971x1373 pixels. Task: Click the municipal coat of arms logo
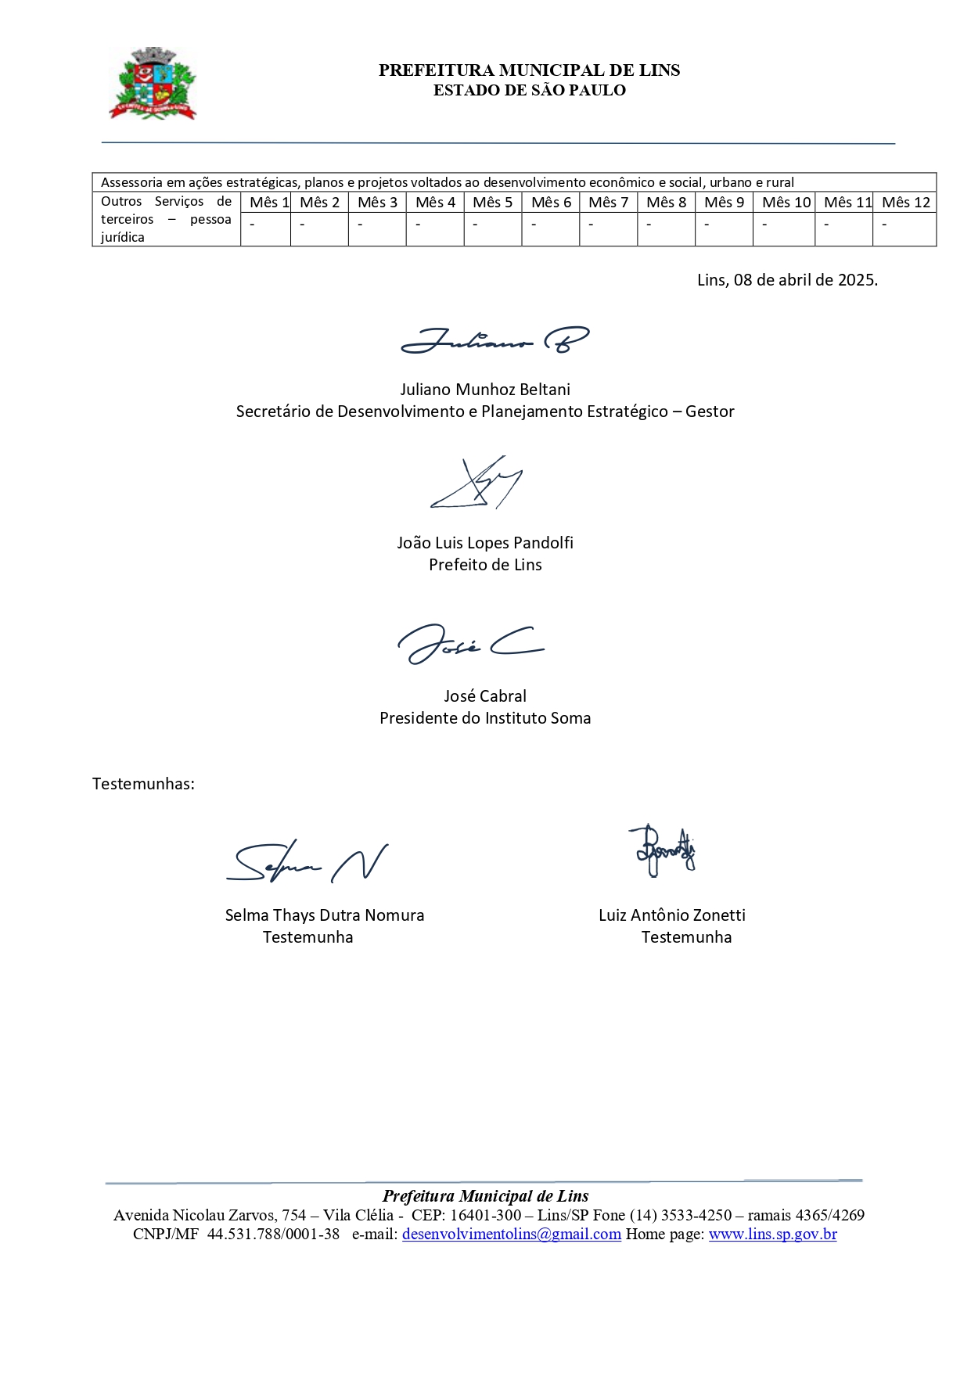[x=153, y=84]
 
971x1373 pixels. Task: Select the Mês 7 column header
[x=608, y=203]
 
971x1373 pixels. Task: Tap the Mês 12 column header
[x=905, y=203]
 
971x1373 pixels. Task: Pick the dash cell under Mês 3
[x=377, y=225]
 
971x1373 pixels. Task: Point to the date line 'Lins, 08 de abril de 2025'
[x=787, y=280]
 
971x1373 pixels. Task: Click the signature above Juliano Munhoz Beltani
[x=494, y=340]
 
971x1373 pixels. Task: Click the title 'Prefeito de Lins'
[x=485, y=565]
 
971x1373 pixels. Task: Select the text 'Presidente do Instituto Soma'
[x=485, y=718]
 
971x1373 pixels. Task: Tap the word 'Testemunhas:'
[x=143, y=784]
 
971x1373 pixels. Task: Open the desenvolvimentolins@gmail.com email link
[x=511, y=1235]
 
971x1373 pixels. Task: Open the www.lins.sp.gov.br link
[x=772, y=1235]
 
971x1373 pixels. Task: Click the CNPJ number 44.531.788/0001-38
[x=273, y=1235]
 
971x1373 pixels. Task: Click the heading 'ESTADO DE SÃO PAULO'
[x=529, y=90]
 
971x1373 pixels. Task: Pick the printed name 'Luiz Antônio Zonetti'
[x=671, y=915]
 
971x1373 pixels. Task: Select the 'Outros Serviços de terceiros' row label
[x=166, y=219]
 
